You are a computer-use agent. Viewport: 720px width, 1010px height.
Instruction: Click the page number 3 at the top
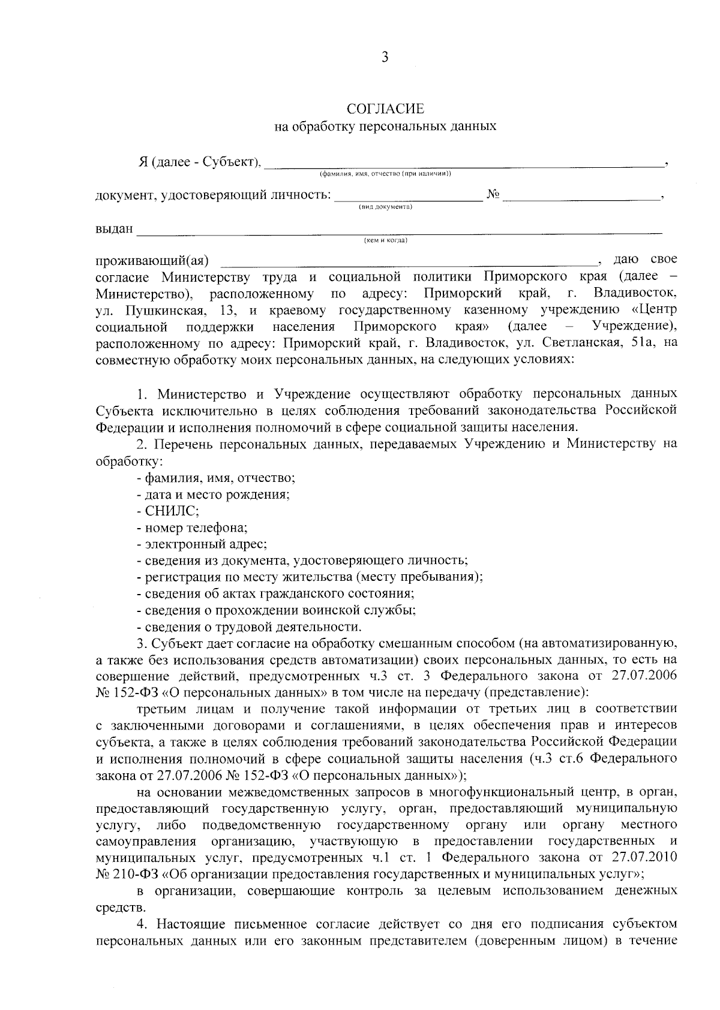pos(385,58)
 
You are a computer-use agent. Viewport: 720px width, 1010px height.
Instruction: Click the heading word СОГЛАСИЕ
pos(385,109)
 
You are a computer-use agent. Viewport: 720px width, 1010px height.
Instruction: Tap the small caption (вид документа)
pos(385,206)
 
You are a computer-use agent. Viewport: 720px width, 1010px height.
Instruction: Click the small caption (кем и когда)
pos(385,240)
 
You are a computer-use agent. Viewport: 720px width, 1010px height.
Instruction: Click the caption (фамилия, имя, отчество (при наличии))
pos(385,174)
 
